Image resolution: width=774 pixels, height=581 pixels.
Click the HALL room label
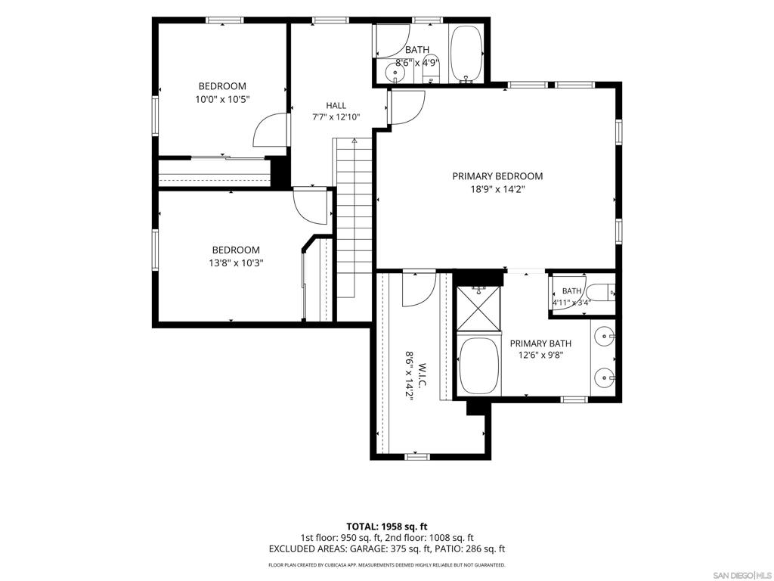336,105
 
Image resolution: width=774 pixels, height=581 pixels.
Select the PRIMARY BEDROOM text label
497,176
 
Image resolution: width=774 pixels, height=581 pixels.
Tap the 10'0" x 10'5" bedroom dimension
223,99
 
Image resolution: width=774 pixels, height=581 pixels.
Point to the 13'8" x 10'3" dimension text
236,263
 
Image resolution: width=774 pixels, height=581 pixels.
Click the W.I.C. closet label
423,374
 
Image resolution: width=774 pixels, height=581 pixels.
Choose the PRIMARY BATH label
540,343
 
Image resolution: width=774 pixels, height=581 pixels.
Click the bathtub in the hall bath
466,54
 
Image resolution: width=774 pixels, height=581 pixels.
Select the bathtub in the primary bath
479,366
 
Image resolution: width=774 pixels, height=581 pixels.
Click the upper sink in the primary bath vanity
604,337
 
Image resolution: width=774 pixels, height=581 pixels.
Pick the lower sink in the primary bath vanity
604,379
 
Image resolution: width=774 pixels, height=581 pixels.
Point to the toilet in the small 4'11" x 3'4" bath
602,293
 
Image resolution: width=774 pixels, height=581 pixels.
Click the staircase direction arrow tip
354,140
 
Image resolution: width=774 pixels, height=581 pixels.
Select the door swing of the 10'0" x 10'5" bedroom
270,130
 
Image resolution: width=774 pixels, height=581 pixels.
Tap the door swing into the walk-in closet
419,289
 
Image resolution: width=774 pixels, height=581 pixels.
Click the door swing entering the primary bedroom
406,107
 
